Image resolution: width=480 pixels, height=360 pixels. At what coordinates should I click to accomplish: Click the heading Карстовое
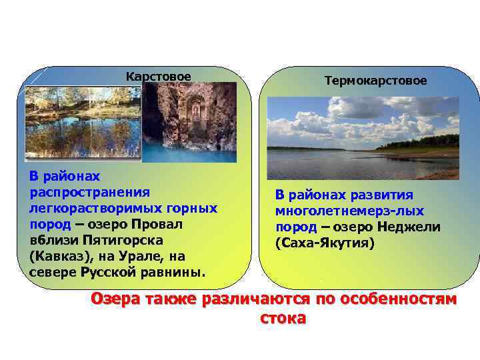pos(159,77)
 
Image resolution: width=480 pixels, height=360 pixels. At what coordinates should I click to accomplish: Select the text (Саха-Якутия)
pos(325,243)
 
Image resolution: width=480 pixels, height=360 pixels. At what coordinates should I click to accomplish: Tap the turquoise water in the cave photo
pos(180,150)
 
